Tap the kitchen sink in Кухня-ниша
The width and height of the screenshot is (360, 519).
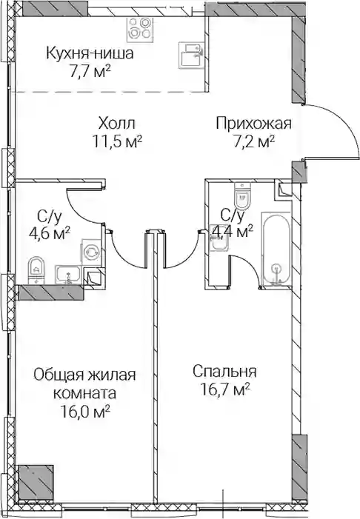191,55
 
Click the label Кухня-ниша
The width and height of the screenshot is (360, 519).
90,53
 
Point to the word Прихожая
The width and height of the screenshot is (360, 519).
253,124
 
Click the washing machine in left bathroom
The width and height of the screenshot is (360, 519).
91,252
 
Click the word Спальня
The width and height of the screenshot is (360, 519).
225,372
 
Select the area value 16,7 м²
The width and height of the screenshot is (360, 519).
225,389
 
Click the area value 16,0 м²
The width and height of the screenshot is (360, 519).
85,412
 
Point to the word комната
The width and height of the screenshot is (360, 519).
84,394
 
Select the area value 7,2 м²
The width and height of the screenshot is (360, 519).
254,141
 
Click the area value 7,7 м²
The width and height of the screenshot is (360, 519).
90,71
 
